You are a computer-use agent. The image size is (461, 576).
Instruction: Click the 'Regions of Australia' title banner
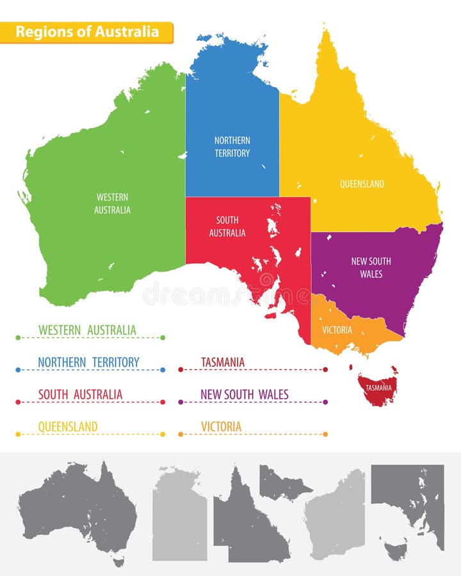(x=86, y=32)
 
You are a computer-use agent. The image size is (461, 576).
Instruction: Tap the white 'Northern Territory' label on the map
(x=232, y=147)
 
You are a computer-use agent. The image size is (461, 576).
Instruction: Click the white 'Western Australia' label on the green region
(x=112, y=204)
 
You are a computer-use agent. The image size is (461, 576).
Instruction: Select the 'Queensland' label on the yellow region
(x=362, y=184)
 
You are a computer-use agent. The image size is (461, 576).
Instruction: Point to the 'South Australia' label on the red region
(x=227, y=227)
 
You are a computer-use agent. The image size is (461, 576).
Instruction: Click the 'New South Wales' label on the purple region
(x=371, y=268)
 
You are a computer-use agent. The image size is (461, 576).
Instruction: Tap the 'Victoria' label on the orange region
(x=337, y=330)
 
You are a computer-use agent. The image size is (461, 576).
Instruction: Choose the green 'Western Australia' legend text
(x=87, y=330)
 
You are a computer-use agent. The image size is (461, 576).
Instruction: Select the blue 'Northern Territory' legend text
(x=88, y=362)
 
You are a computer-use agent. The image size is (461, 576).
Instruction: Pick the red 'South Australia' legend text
(x=80, y=395)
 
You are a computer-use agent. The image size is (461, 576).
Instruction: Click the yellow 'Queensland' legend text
(x=68, y=427)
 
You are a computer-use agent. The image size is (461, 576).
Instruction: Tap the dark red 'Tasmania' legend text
(x=222, y=362)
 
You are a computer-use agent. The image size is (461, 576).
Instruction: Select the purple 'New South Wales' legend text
(x=244, y=395)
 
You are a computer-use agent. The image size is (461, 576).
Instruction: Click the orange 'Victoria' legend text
(x=221, y=427)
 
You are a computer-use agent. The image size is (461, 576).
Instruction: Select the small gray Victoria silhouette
(x=282, y=484)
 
